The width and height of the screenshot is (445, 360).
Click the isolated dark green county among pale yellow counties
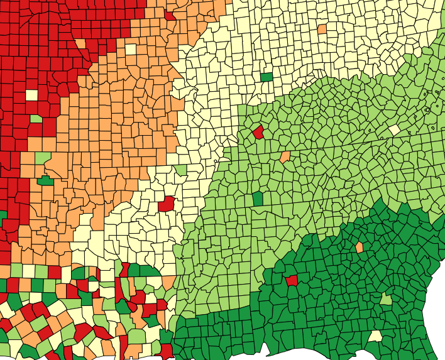pyautogui.click(x=266, y=77)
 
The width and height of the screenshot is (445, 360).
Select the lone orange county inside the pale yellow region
pyautogui.click(x=322, y=29)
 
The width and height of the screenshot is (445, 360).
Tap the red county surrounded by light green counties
pyautogui.click(x=258, y=132)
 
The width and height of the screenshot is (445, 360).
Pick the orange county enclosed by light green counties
pyautogui.click(x=285, y=156)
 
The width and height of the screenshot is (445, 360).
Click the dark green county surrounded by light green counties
pyautogui.click(x=258, y=199)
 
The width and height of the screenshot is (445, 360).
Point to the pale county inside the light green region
pyautogui.click(x=394, y=129)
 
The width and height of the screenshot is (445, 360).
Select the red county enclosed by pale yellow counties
pyautogui.click(x=167, y=204)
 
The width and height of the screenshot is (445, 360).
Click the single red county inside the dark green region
pyautogui.click(x=292, y=280)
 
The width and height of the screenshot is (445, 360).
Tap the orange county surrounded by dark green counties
pyautogui.click(x=360, y=248)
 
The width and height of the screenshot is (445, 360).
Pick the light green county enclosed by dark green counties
pyautogui.click(x=385, y=299)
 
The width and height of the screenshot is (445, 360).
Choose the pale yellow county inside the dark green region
pyautogui.click(x=375, y=336)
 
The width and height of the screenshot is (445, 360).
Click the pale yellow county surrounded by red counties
pyautogui.click(x=31, y=95)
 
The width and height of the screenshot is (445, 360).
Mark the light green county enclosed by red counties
pyautogui.click(x=36, y=118)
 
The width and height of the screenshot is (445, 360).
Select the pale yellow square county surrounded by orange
pyautogui.click(x=131, y=50)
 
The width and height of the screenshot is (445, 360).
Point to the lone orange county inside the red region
pyautogui.click(x=80, y=43)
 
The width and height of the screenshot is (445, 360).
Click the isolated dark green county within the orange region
pyautogui.click(x=45, y=181)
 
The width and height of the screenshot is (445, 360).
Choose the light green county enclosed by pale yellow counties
pyautogui.click(x=182, y=170)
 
